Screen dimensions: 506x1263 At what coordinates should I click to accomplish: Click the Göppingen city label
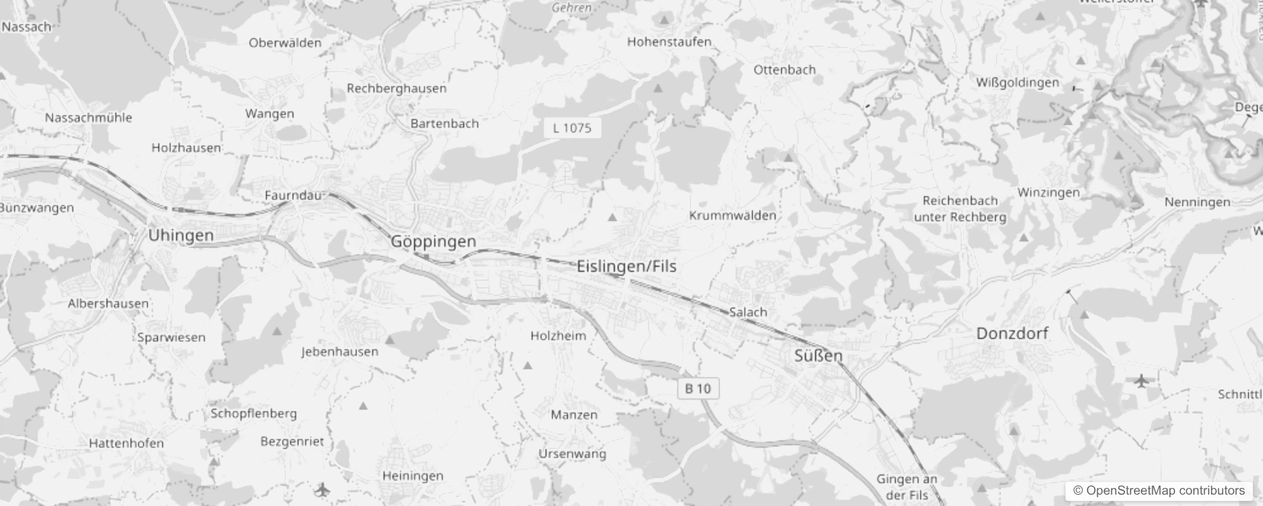point(433,242)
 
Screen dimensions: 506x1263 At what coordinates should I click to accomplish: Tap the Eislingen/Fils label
point(626,266)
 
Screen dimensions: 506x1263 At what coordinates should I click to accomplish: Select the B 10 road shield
point(698,388)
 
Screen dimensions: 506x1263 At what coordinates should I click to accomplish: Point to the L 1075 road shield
point(572,128)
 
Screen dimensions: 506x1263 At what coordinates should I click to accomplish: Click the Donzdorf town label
point(1012,333)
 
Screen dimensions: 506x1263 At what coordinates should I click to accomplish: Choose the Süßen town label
point(818,355)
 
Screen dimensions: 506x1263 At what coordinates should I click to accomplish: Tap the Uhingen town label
point(181,235)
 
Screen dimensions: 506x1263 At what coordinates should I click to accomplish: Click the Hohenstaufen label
point(669,42)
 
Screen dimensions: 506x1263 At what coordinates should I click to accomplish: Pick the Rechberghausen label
point(396,89)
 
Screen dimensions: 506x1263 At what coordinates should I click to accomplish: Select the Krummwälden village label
point(732,216)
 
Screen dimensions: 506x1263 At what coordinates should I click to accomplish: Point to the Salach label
point(748,312)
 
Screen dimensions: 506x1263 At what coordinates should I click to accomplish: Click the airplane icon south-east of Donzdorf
point(1141,381)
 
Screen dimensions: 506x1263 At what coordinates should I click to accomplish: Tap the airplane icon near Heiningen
point(322,490)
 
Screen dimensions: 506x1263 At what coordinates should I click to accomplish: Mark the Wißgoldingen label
point(1017,83)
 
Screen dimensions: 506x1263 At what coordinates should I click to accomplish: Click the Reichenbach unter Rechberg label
point(960,209)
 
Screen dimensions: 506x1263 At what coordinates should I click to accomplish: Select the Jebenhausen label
point(339,352)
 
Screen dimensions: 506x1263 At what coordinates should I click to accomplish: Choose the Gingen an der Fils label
point(906,487)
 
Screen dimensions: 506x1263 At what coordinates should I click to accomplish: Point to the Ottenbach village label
point(784,70)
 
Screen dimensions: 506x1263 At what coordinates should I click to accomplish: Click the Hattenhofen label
point(126,443)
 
